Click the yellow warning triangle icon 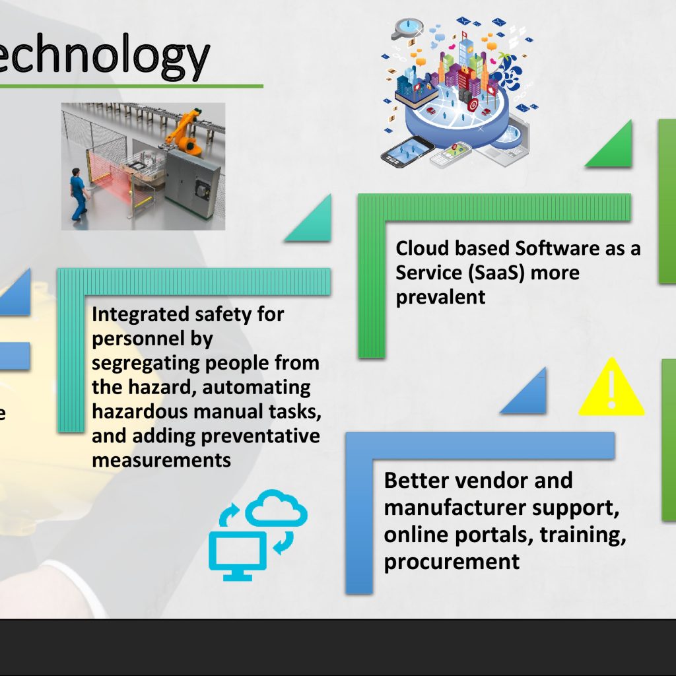[611, 388]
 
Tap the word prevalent [440, 297]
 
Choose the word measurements [161, 460]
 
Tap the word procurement [452, 562]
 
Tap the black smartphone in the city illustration [407, 152]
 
